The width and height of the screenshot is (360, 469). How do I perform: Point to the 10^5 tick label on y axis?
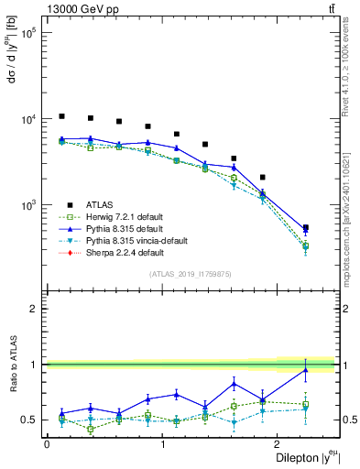pos(27,33)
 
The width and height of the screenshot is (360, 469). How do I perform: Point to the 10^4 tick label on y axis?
pos(27,119)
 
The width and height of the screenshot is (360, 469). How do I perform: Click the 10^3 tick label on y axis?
pos(27,205)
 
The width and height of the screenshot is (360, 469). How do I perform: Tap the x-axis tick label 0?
pos(47,443)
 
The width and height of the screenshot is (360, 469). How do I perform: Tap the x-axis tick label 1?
pos(162,443)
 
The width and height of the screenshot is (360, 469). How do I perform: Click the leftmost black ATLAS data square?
pos(61,116)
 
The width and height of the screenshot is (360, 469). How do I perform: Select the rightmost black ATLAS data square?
pos(305,227)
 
